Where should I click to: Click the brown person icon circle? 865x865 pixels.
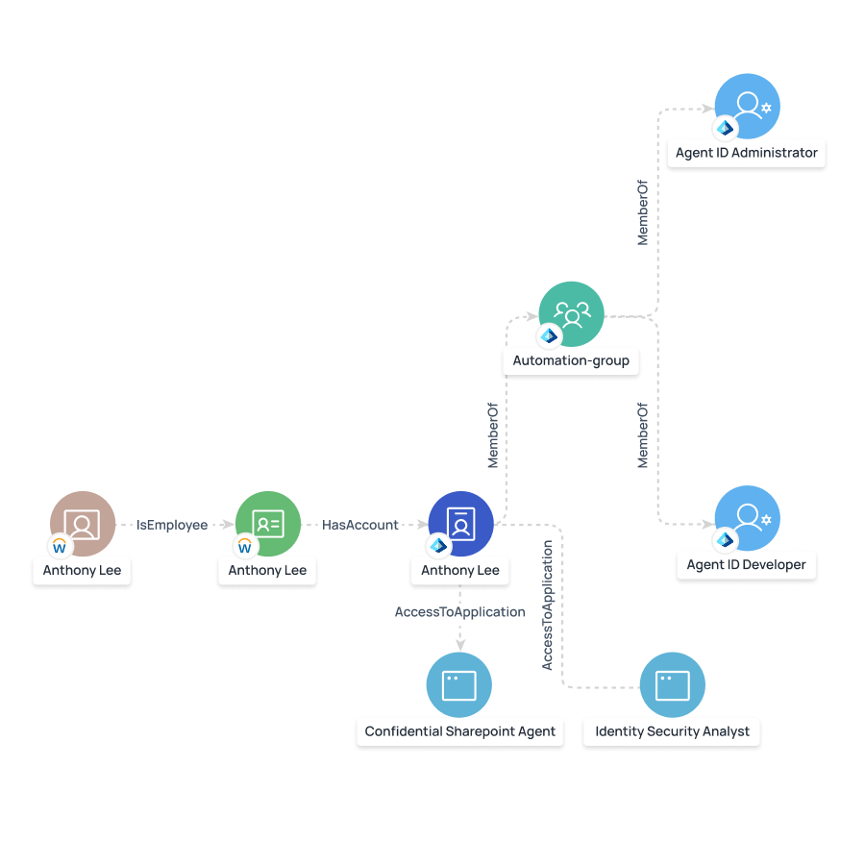(83, 524)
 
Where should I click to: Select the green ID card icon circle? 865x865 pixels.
(268, 524)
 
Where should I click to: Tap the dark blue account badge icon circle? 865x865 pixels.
(460, 524)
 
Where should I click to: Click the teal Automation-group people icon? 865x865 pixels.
(571, 314)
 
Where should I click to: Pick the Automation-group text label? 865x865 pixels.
(571, 361)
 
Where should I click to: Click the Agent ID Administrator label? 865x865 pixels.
(747, 153)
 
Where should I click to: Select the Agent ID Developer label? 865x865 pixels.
(747, 565)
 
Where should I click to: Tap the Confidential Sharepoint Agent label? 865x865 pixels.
(460, 731)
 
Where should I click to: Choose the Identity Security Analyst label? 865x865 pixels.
(673, 731)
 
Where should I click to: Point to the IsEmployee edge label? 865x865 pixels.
(172, 525)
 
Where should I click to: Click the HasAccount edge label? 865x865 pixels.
(360, 525)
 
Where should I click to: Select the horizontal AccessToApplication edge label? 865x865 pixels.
(460, 612)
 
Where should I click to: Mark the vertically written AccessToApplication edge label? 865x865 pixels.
(547, 605)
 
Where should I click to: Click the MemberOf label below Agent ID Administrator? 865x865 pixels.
(643, 210)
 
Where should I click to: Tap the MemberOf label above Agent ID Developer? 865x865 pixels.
(643, 435)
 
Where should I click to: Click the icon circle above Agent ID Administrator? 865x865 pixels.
(748, 107)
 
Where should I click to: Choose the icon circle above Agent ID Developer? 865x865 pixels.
(748, 519)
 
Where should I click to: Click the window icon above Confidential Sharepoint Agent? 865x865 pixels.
(459, 685)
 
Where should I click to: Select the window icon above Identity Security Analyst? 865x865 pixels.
(673, 685)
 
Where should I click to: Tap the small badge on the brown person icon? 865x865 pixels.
(60, 547)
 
